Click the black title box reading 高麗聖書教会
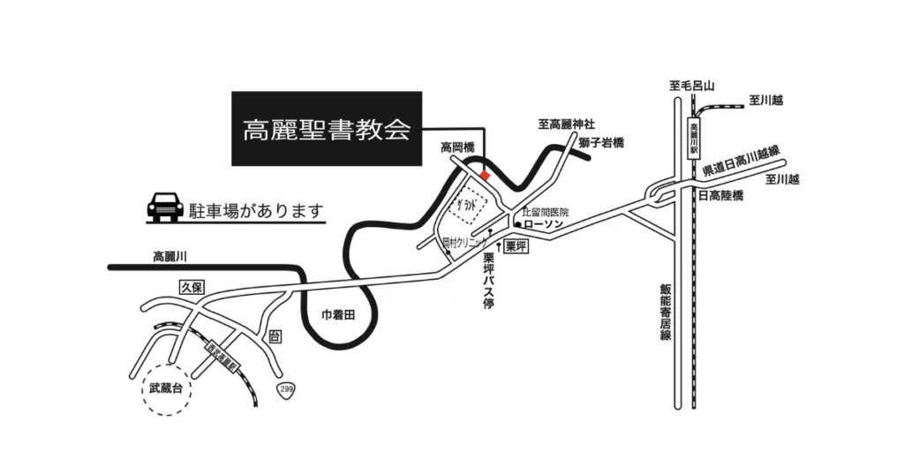tap(326, 129)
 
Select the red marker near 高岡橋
tap(485, 175)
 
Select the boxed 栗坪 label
tap(516, 246)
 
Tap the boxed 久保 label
tap(192, 287)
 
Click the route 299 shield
tap(286, 388)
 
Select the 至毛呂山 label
tap(691, 87)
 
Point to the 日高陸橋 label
tap(720, 195)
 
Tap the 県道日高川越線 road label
tap(741, 163)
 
